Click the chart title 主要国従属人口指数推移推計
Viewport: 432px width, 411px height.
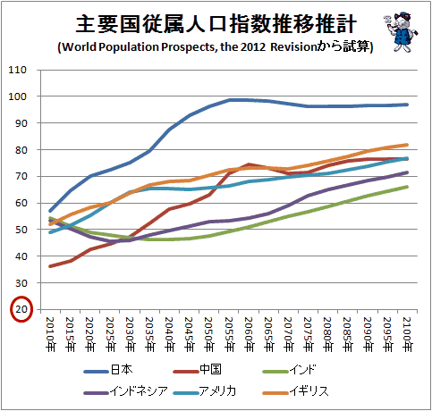(216, 24)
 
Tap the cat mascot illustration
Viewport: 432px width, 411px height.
(401, 31)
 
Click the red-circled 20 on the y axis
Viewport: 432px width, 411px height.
(21, 309)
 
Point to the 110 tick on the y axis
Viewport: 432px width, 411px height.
(18, 70)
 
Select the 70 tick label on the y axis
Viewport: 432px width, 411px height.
(21, 176)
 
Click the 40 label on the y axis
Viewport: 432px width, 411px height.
(21, 256)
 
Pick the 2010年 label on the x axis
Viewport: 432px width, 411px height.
(50, 334)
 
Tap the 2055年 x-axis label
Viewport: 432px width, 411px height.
(229, 334)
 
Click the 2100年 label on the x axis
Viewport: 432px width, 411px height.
(407, 334)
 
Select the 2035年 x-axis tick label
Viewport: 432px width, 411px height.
(149, 334)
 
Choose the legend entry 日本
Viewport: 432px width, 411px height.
(108, 370)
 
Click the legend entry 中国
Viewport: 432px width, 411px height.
(197, 370)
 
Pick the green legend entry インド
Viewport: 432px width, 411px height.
(289, 370)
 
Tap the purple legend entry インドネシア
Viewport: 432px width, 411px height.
(126, 391)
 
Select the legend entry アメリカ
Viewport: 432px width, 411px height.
(205, 391)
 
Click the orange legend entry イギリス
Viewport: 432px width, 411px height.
(295, 391)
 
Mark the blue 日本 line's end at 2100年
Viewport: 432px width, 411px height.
(407, 105)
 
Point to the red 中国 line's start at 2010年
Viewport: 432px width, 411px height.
(50, 266)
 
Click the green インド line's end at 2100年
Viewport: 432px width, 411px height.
(407, 187)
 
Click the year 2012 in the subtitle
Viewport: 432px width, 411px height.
(253, 47)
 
